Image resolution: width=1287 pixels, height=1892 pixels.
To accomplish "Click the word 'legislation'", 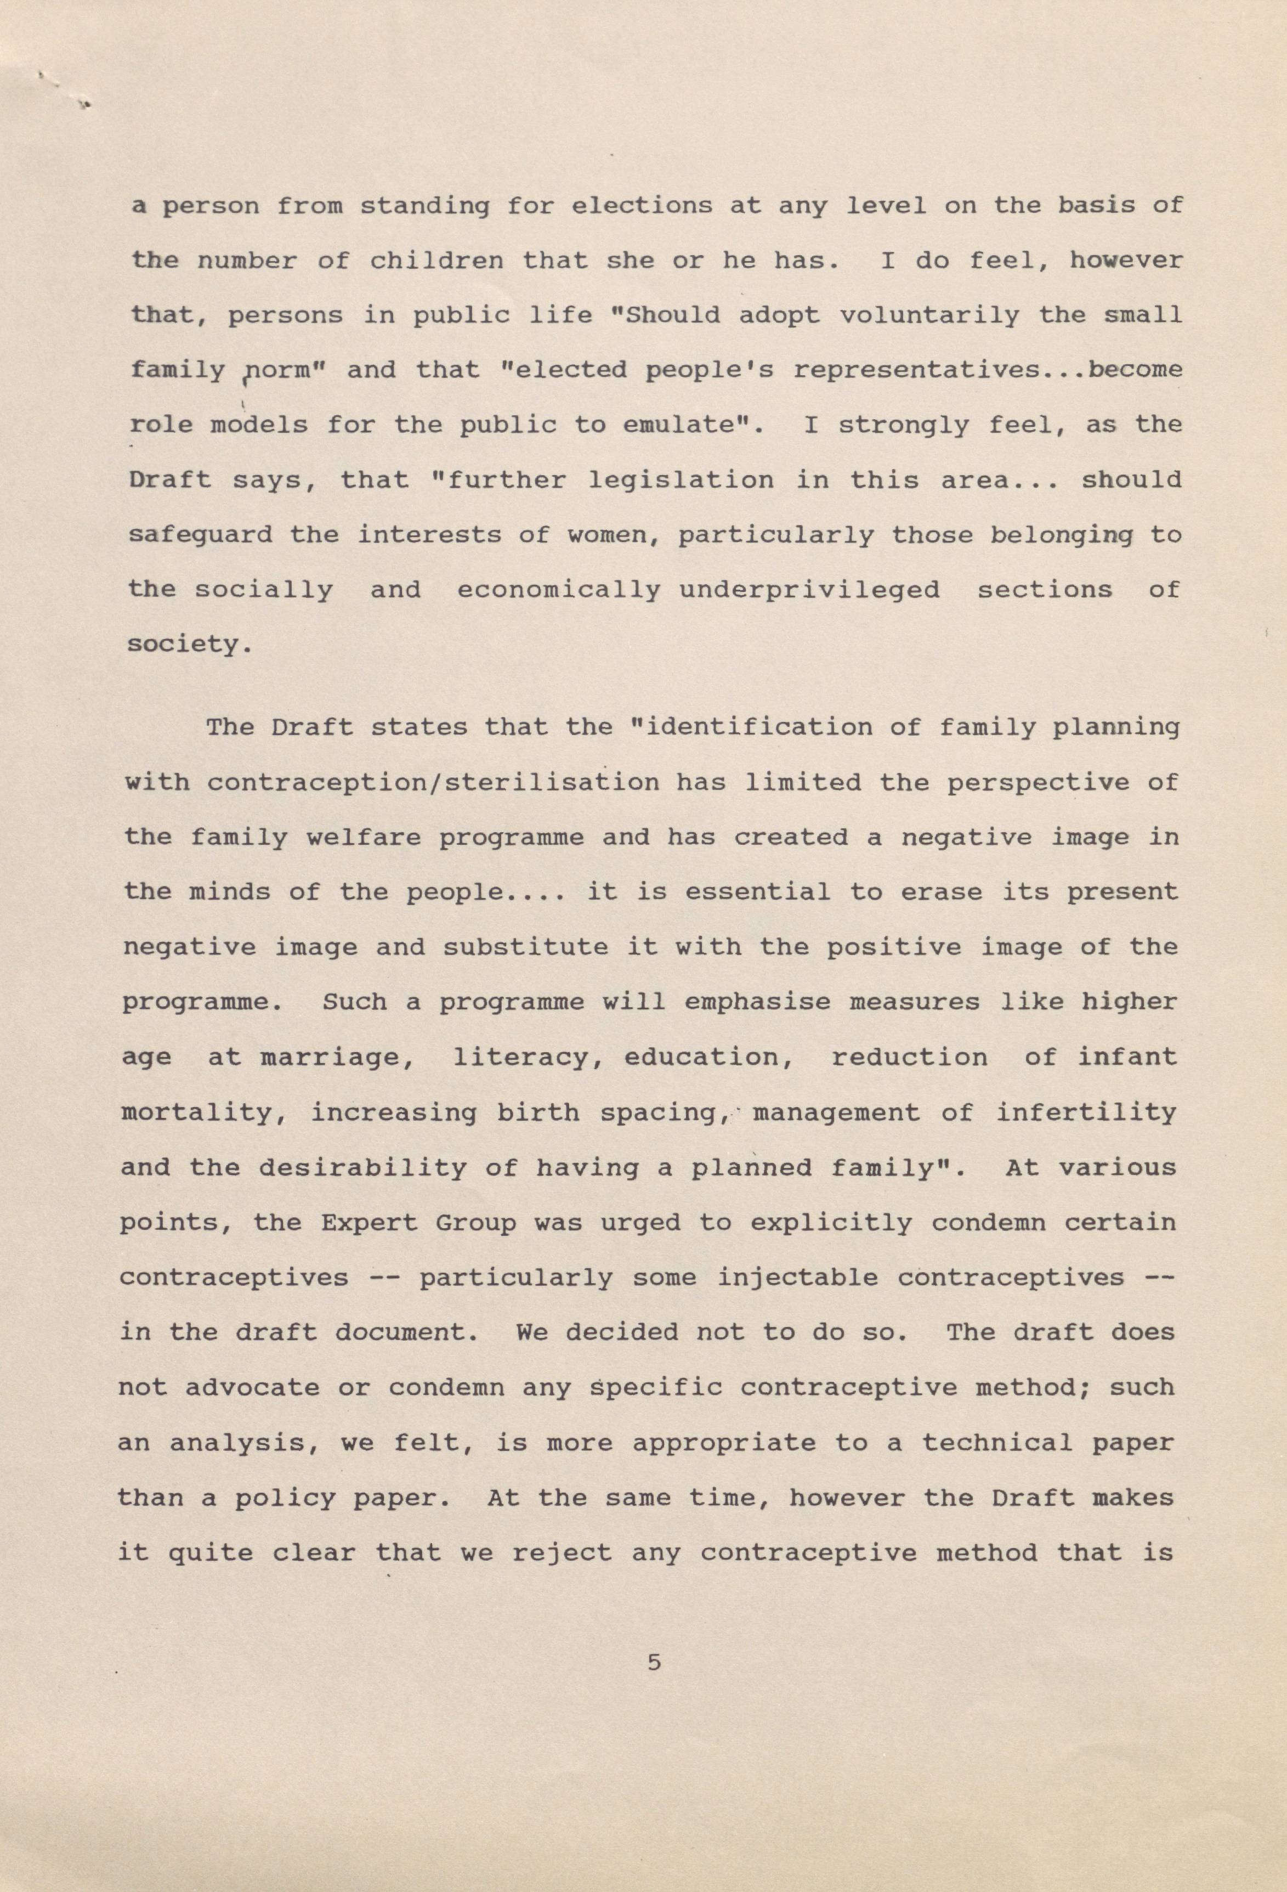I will [682, 479].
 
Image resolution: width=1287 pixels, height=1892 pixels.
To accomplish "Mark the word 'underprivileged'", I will [809, 589].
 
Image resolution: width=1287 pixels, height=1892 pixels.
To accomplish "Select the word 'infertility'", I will [1086, 1112].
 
